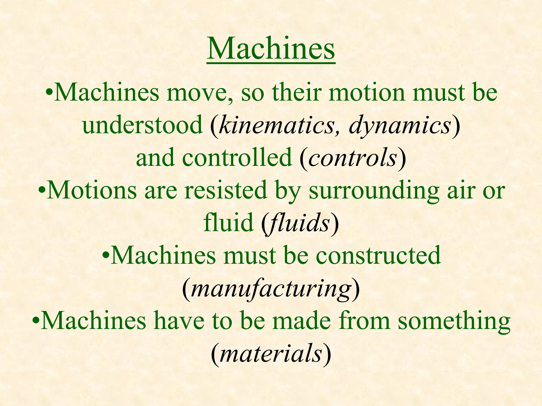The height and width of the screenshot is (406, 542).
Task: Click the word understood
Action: [142, 125]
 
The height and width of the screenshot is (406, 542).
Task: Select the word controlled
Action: [237, 158]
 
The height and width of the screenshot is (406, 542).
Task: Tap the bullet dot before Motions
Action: [42, 191]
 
